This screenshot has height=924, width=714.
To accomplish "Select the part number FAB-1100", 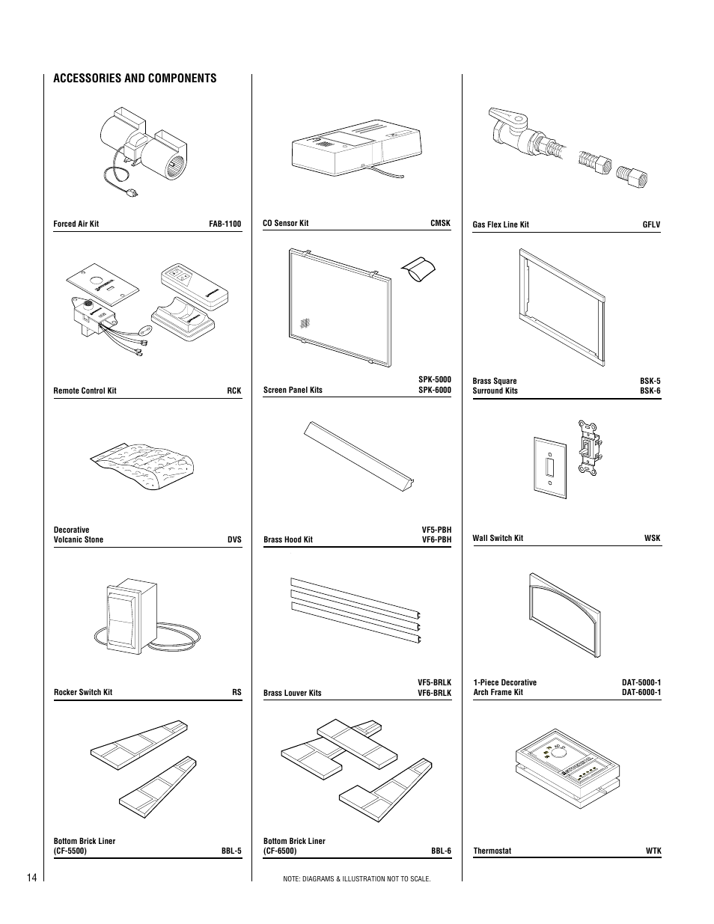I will (225, 224).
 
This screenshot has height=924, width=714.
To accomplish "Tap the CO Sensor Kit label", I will (285, 223).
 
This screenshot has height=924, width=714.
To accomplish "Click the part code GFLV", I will (651, 224).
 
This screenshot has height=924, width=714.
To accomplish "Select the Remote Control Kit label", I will (85, 391).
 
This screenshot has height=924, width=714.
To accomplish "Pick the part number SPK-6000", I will (435, 390).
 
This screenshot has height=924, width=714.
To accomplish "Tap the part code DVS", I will (234, 539).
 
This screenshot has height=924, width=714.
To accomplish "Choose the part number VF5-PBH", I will (436, 530).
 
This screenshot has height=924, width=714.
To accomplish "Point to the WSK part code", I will (652, 538).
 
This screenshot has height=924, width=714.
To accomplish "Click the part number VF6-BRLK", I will (434, 693).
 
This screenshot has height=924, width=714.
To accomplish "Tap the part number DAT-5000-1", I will (641, 682).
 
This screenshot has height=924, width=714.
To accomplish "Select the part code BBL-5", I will (231, 851).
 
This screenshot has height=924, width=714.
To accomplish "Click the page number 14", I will (30, 877).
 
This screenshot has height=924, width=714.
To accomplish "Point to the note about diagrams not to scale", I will (357, 878).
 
